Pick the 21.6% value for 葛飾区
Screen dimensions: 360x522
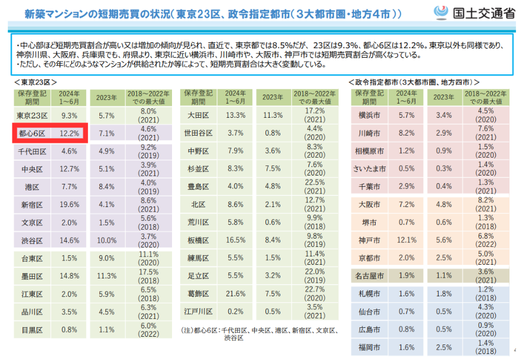[x=236, y=293]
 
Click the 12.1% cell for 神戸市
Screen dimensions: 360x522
[x=407, y=240]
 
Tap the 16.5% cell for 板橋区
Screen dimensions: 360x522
[x=236, y=240]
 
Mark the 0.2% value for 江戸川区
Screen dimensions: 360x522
[x=236, y=311]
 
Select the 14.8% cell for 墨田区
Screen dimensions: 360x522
[x=70, y=276]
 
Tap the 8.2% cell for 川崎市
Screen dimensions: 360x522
[x=407, y=133]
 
